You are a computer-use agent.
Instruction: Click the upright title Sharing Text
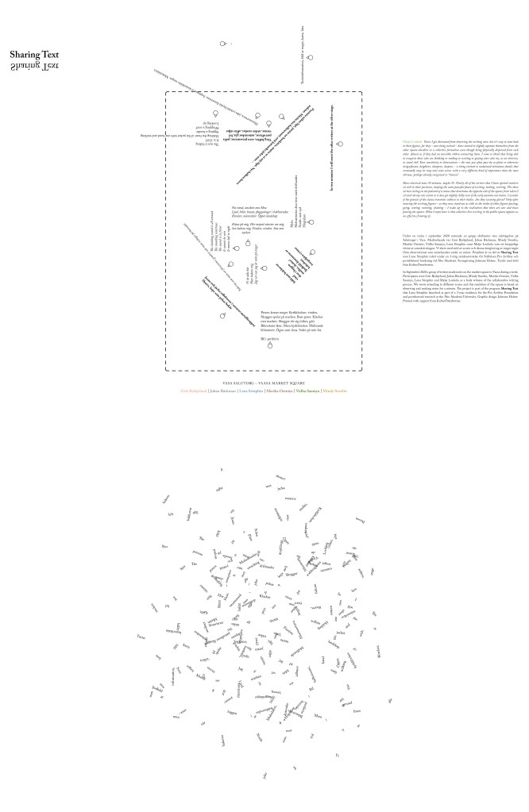click(x=34, y=55)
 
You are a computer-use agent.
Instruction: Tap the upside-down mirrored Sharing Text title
click(x=34, y=67)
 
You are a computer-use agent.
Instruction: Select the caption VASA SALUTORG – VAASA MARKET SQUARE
click(x=264, y=383)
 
